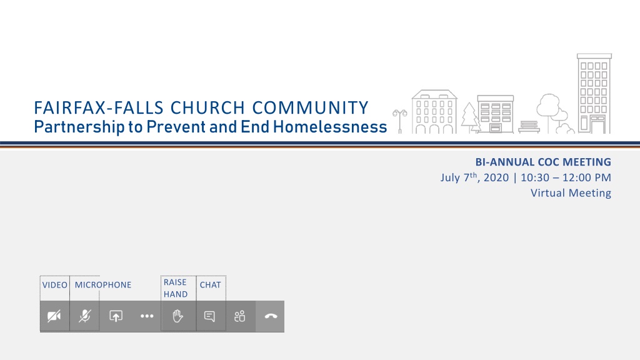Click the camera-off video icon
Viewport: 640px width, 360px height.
54,316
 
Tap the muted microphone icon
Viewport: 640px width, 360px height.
85,316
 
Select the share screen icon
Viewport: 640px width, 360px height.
116,316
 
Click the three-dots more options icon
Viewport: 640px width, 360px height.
147,316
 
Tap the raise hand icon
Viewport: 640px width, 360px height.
177,316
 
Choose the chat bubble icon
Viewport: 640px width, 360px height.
209,316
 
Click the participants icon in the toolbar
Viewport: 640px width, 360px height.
240,316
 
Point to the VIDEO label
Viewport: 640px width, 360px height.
55,285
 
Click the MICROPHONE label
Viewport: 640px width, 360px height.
103,285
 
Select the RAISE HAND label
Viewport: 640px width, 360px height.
176,288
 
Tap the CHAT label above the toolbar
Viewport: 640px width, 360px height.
210,285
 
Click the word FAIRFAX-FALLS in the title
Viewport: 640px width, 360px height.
98,108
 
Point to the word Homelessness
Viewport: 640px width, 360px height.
330,127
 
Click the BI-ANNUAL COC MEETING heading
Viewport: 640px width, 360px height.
543,162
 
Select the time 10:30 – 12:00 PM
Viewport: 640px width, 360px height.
566,178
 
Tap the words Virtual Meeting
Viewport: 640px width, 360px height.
571,193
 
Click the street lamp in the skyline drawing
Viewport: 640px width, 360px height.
400,121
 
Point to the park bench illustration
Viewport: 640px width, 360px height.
529,127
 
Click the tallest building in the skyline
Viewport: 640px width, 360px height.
594,94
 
